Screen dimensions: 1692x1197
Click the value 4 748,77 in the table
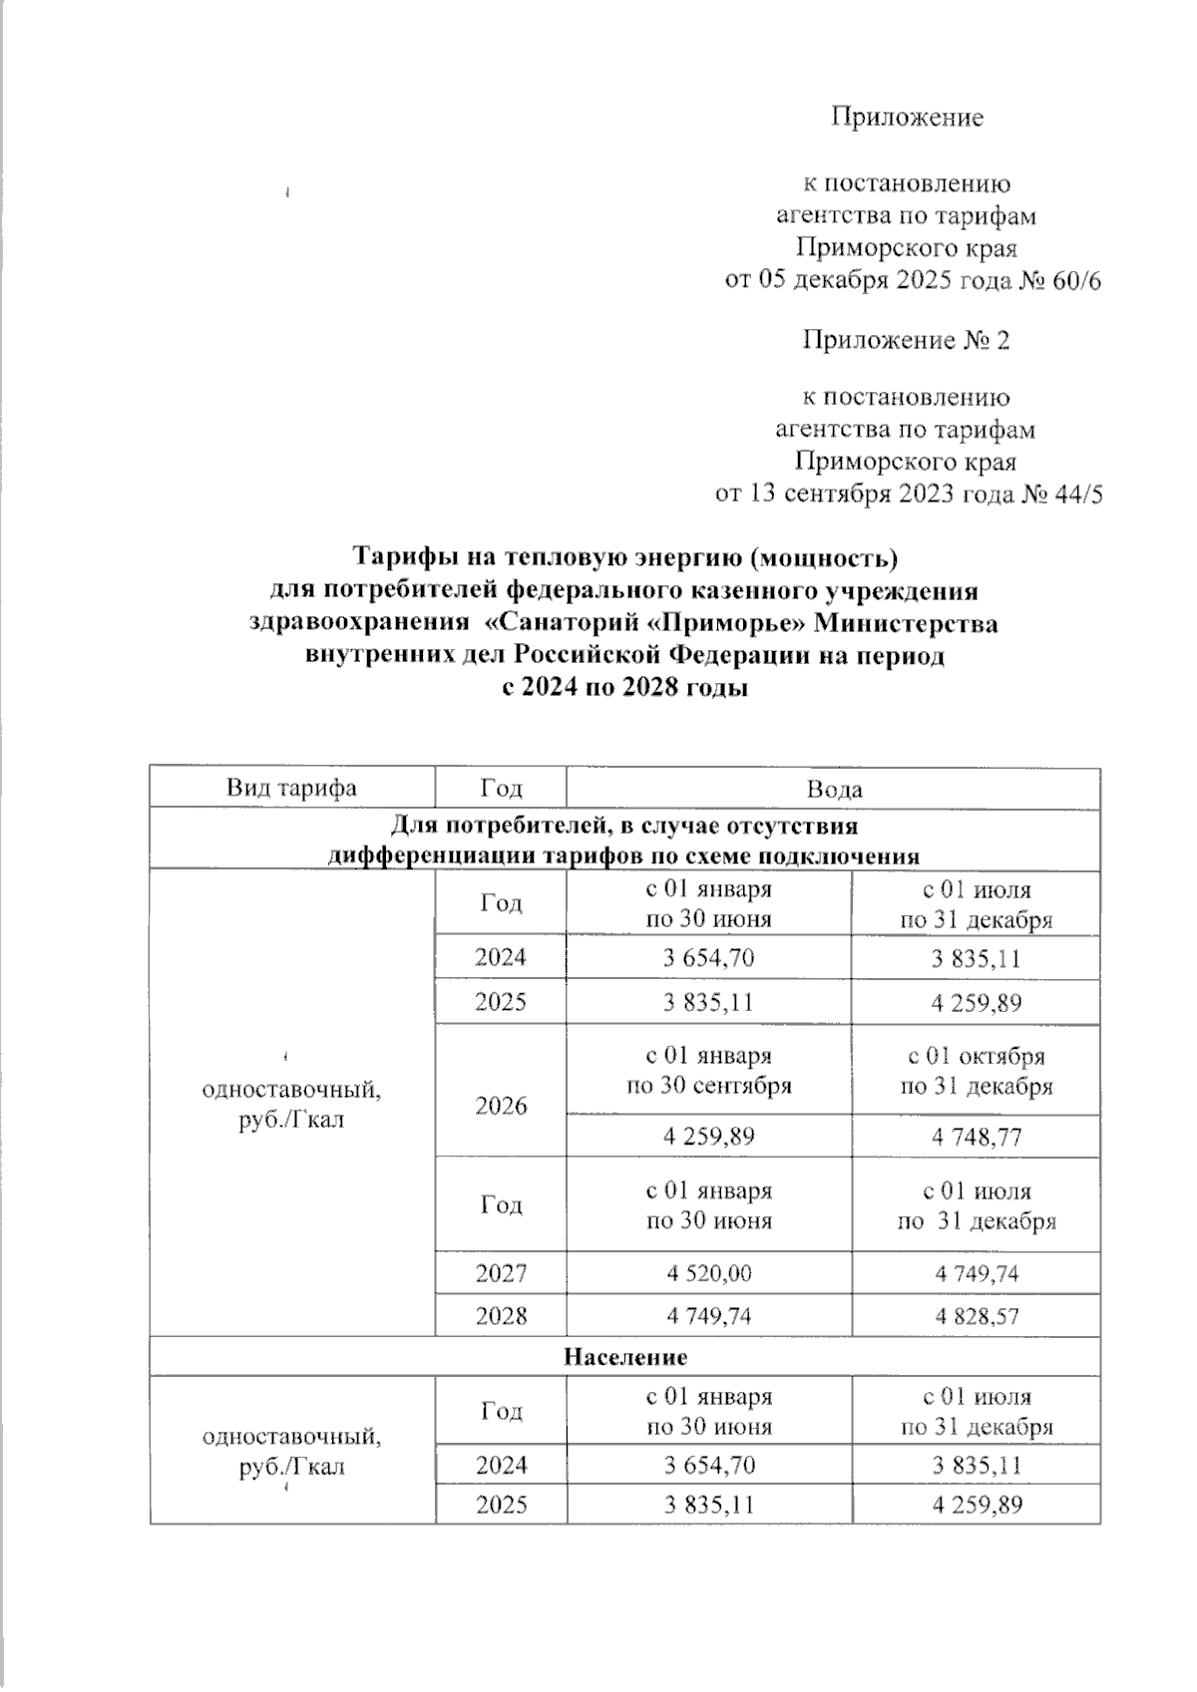[x=976, y=1137]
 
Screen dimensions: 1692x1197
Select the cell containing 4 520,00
[x=708, y=1273]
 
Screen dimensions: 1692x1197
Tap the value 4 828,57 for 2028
[x=976, y=1316]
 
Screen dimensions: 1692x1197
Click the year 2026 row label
[x=501, y=1106]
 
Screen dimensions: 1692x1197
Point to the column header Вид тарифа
[x=291, y=789]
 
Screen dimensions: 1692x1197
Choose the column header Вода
[x=834, y=790]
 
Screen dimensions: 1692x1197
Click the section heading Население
[x=625, y=1357]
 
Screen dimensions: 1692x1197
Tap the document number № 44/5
[x=1060, y=495]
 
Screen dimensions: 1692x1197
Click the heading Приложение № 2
[x=906, y=341]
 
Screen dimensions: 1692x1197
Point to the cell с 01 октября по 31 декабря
[x=976, y=1071]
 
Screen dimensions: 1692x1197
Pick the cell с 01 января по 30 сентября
[x=708, y=1071]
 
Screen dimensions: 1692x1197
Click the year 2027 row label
[x=501, y=1273]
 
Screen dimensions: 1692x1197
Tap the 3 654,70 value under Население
[x=708, y=1465]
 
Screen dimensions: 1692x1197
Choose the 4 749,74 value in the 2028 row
[x=708, y=1316]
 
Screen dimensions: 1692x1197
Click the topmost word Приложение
[x=907, y=118]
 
